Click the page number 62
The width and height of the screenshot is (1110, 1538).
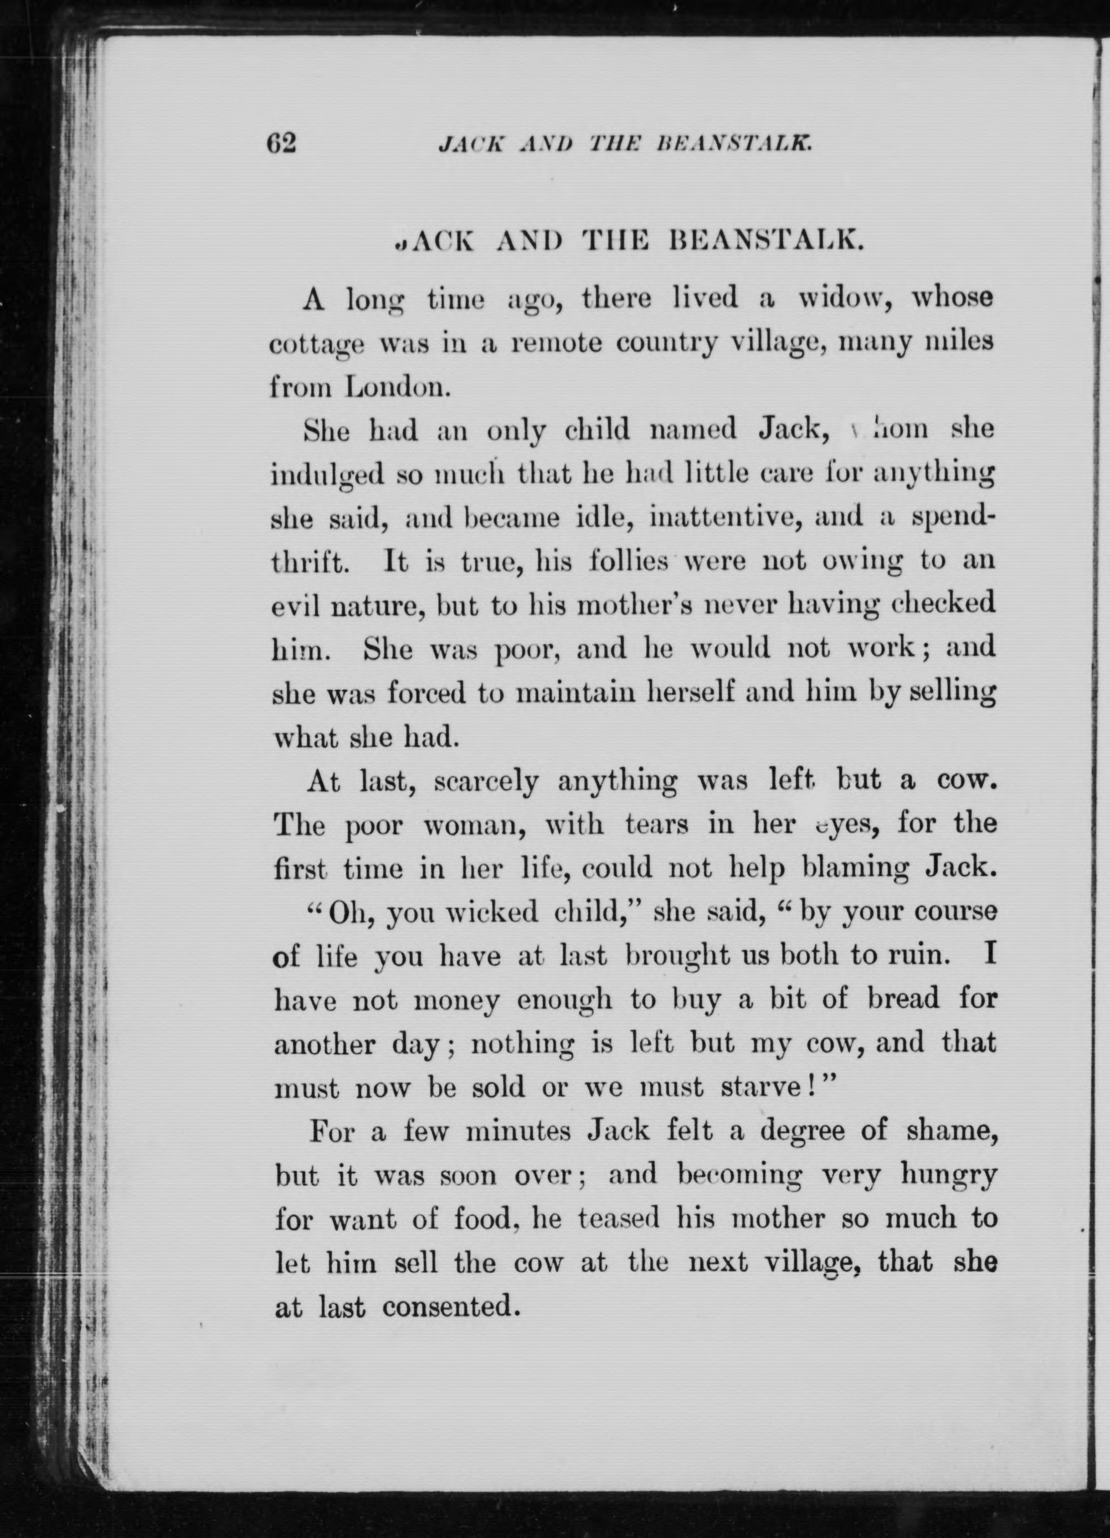(281, 143)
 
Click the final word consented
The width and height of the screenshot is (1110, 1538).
(448, 1306)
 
